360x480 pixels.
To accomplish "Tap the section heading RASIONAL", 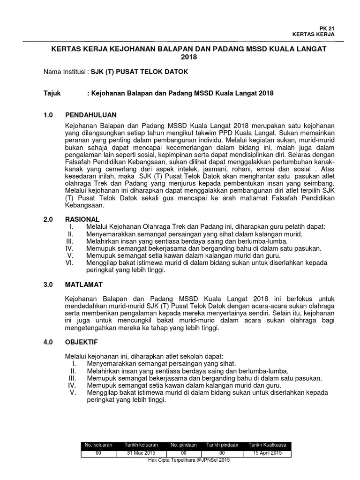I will click(82, 219).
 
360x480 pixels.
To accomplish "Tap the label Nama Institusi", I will click(64, 73).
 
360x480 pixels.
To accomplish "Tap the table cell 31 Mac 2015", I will click(141, 453).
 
